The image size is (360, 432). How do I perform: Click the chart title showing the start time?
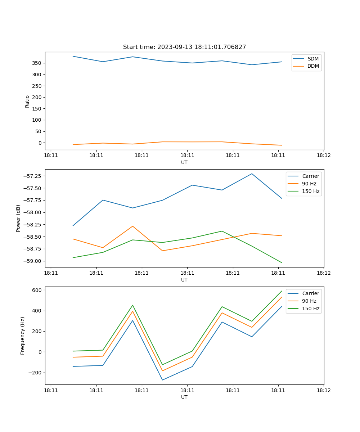[x=184, y=47]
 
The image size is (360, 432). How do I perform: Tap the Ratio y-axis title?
[x=27, y=101]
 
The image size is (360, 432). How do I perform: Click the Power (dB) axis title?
[x=18, y=218]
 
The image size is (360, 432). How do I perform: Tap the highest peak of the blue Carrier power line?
[x=252, y=174]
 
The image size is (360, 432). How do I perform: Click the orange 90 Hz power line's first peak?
[x=132, y=226]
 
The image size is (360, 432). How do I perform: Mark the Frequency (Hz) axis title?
[x=23, y=336]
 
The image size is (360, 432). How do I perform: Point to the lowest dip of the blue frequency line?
[x=162, y=380]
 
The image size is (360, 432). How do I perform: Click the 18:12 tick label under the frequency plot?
[x=323, y=390]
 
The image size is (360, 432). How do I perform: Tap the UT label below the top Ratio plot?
[x=184, y=162]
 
